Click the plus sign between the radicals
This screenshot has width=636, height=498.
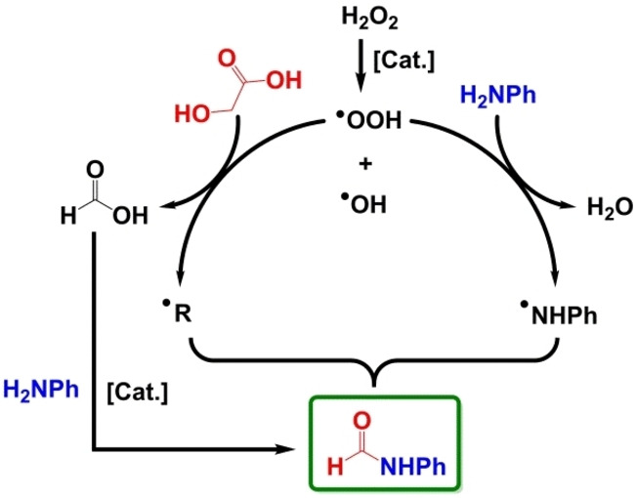365,164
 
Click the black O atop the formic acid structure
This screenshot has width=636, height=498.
96,173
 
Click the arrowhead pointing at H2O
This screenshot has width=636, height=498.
571,203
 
